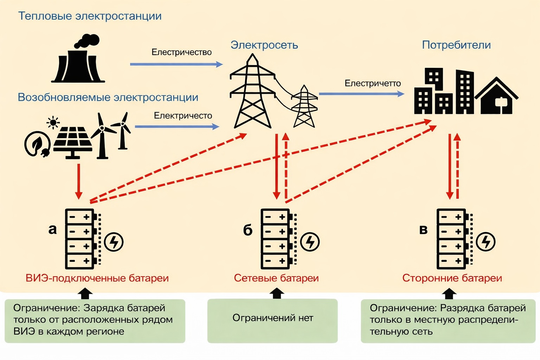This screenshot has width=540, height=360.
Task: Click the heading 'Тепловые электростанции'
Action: [90, 16]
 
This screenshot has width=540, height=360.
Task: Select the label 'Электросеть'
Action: [264, 45]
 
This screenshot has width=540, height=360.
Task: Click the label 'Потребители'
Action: [456, 45]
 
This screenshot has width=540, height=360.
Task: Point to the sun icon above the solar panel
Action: [53, 122]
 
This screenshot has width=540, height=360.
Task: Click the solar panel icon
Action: [73, 141]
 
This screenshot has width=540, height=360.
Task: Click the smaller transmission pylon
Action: [304, 107]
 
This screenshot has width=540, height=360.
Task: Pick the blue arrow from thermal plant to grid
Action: [176, 64]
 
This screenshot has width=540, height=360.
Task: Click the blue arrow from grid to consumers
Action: [361, 94]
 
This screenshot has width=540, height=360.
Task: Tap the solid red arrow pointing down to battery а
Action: [79, 181]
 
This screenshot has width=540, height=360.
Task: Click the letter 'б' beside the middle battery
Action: [248, 230]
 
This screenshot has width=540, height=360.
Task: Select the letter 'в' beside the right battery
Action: [424, 230]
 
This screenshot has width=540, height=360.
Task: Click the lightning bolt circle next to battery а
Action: [114, 242]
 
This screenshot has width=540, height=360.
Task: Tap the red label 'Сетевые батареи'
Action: [276, 278]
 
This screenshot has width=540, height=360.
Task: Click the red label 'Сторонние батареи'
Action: [452, 278]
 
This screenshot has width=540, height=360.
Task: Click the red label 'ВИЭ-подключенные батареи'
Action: [97, 278]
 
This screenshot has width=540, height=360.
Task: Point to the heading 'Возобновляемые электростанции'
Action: [108, 97]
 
